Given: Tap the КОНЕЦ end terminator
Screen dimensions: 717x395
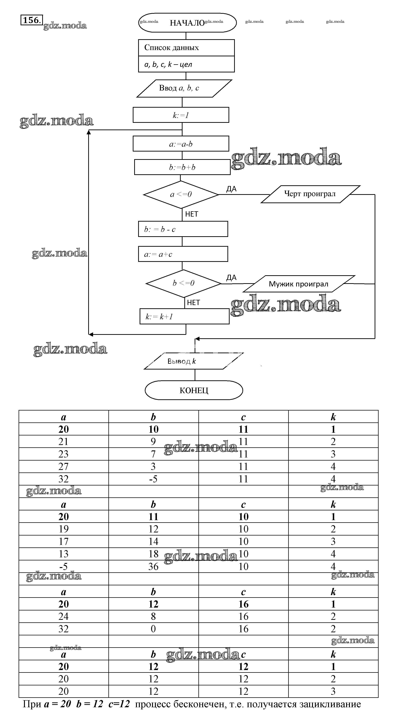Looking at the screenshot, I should pyautogui.click(x=194, y=390).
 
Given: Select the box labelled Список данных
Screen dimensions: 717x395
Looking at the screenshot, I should pyautogui.click(x=186, y=48).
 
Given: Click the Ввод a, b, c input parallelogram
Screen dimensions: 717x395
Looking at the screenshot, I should pyautogui.click(x=184, y=88).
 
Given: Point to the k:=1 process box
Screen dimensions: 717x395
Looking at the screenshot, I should pyautogui.click(x=181, y=115).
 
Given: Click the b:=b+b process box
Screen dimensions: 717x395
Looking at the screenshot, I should pyautogui.click(x=182, y=167).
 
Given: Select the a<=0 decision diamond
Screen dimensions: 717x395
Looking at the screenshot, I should pyautogui.click(x=181, y=194).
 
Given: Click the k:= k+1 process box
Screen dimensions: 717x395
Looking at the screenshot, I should pyautogui.click(x=184, y=316).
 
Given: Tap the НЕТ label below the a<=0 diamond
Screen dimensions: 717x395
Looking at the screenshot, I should pyautogui.click(x=192, y=214).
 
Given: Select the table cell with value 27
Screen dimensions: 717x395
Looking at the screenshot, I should pyautogui.click(x=64, y=466).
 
